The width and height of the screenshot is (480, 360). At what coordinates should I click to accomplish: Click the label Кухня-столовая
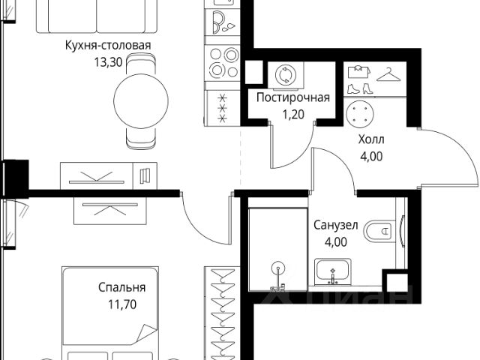(108, 45)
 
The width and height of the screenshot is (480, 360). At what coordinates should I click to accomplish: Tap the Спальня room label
(121, 288)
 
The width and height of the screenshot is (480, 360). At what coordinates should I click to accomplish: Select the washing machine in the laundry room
(287, 76)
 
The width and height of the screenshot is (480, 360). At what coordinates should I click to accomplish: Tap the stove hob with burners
(223, 63)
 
